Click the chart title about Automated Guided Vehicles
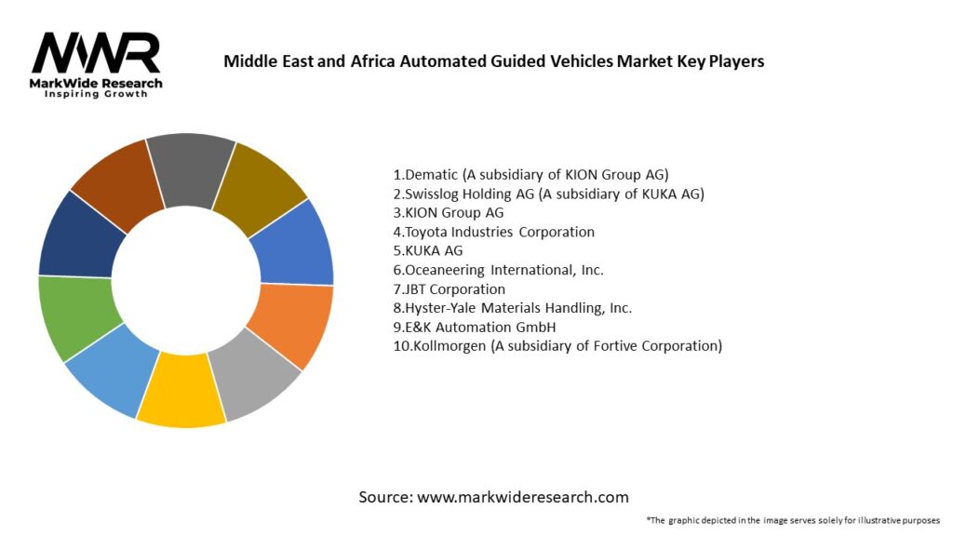tap(493, 62)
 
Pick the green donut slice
tap(78, 315)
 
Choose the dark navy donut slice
tap(80, 236)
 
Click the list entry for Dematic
tap(530, 175)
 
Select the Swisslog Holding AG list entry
tap(548, 194)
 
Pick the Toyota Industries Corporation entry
tap(493, 232)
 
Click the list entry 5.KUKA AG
tap(427, 250)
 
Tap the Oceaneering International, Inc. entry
tap(498, 270)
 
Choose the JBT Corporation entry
tap(449, 288)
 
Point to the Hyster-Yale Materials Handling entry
tap(514, 308)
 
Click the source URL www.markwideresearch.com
tap(522, 497)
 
